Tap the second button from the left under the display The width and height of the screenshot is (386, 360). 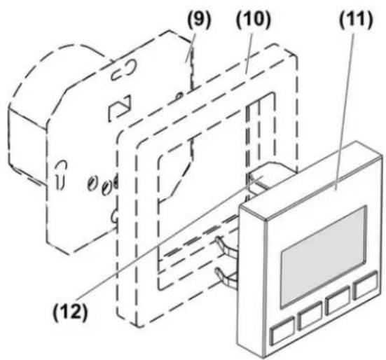[x=310, y=315]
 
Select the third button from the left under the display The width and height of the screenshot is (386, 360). [x=337, y=300]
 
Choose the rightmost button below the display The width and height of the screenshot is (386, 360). [x=365, y=285]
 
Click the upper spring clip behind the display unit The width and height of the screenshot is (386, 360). [x=226, y=245]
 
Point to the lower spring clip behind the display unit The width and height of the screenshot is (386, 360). [x=226, y=277]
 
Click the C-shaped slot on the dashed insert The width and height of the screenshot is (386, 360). [x=123, y=70]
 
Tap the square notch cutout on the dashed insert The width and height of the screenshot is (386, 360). [x=120, y=109]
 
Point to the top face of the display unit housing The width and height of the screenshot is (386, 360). [x=312, y=179]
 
